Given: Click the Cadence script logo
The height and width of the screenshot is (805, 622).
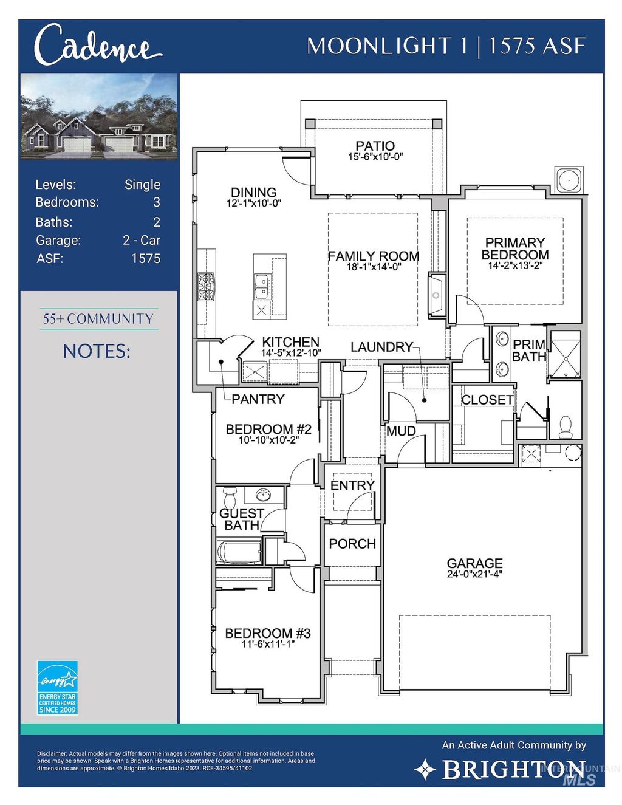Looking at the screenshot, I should pos(97,46).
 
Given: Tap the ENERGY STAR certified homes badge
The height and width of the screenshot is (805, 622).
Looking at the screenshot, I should pos(58,688).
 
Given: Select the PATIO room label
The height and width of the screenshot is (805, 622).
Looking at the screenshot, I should pos(375,146).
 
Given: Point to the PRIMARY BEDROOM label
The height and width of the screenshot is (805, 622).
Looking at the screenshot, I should pos(515,248).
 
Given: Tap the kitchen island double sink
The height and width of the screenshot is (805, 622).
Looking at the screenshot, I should pos(262,287).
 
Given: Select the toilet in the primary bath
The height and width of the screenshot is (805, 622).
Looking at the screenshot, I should pos(566,426).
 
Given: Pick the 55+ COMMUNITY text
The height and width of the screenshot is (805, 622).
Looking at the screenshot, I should pos(98,319).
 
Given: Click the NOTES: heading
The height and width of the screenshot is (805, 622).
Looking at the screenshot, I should pos(97,351).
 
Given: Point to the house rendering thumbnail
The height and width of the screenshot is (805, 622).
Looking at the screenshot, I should pos(99,117).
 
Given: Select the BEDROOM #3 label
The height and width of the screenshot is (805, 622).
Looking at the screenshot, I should pos(267,633).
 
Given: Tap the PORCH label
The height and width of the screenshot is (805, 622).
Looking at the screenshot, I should pos(352,544).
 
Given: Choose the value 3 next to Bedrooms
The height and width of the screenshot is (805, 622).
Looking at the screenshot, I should pos(156,202).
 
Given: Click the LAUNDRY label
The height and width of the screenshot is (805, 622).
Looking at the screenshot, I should pos(381,347).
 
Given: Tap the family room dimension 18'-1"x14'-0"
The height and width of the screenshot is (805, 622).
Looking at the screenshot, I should pos(374,267).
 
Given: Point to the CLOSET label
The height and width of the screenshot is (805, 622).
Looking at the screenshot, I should pos(487,400).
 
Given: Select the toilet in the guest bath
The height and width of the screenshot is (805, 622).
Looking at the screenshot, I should pos(230,498).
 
